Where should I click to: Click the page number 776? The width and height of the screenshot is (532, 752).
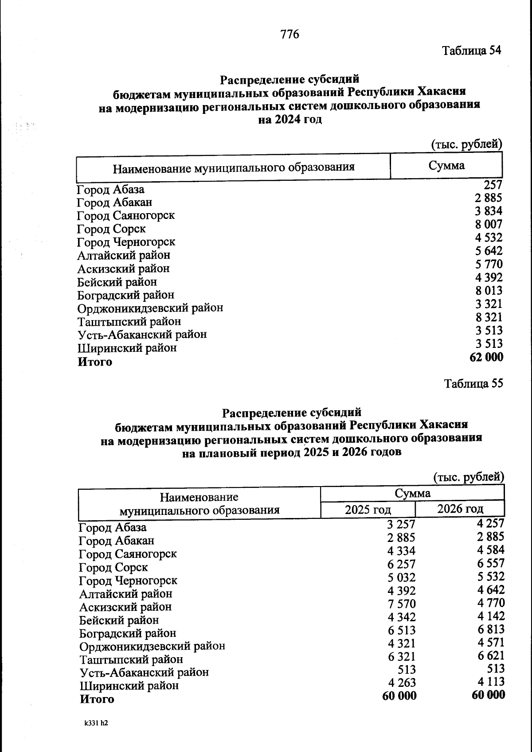(290, 34)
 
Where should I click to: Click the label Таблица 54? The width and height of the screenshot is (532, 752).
(471, 51)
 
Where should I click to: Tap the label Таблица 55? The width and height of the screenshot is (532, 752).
(473, 384)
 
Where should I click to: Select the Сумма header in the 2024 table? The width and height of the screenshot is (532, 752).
(446, 166)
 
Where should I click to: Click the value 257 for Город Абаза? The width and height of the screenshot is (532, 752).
(493, 185)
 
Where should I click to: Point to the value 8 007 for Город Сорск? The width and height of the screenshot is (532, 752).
(489, 224)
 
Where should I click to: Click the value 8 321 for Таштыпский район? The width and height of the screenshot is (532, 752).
(489, 317)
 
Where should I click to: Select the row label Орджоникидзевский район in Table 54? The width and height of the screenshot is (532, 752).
(150, 308)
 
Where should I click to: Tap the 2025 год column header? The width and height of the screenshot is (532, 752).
(368, 510)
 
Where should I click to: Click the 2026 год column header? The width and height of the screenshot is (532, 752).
(460, 509)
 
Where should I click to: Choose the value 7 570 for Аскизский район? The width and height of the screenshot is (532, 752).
(401, 604)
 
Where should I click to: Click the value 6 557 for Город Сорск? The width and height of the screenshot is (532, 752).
(489, 563)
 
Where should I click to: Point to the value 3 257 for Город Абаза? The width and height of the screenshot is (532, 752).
(401, 525)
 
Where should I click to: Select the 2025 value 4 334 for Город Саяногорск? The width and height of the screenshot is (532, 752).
(401, 551)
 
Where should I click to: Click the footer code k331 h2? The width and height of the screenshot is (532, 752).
(96, 723)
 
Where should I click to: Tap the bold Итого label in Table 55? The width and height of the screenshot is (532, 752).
(97, 699)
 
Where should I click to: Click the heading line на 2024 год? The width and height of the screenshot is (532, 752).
(289, 120)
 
